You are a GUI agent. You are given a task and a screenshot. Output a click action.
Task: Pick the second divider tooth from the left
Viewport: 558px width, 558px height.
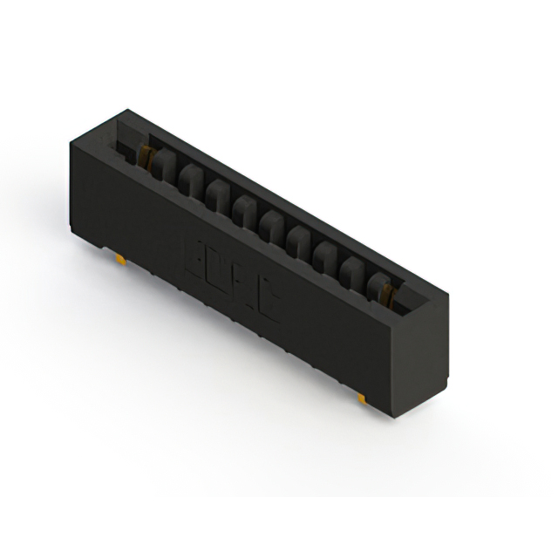[188, 179]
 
